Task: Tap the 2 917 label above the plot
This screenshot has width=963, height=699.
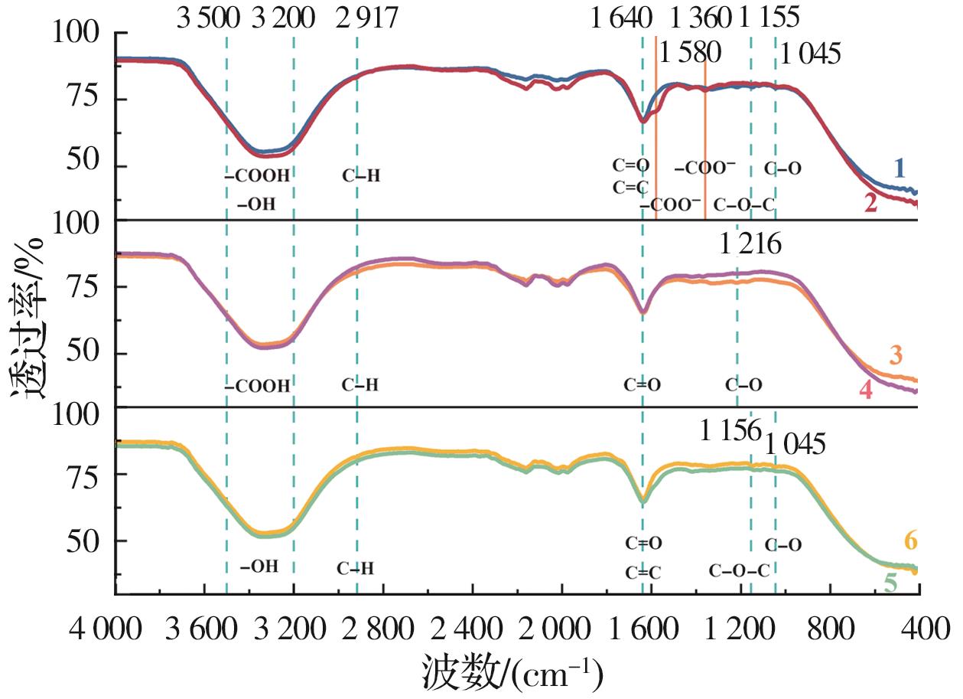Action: pyautogui.click(x=368, y=17)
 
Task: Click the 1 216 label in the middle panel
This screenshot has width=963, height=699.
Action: pyautogui.click(x=750, y=245)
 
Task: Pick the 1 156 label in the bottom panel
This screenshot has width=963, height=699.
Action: pyautogui.click(x=730, y=430)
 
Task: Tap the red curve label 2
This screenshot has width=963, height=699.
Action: pyautogui.click(x=869, y=203)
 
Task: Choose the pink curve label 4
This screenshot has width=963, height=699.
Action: pyautogui.click(x=865, y=390)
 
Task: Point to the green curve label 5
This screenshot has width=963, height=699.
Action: pyautogui.click(x=890, y=583)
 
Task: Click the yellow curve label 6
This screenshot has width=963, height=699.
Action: pyautogui.click(x=910, y=541)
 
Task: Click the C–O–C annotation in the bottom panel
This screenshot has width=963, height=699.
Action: pyautogui.click(x=739, y=570)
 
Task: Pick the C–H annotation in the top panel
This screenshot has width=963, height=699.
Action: pyautogui.click(x=361, y=175)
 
